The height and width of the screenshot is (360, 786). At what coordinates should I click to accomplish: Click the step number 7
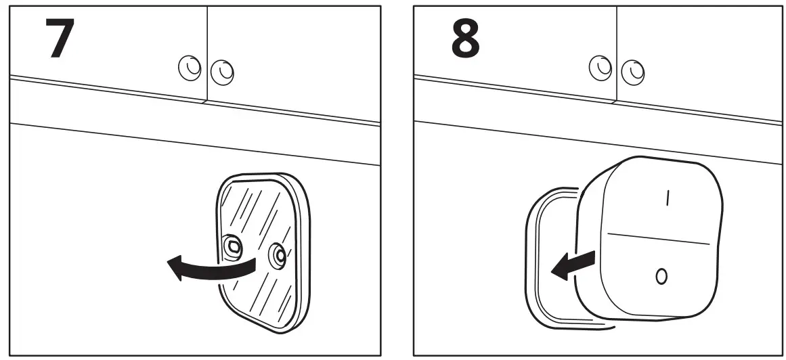(x=59, y=39)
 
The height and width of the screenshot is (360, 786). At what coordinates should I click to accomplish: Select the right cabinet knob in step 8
(x=633, y=70)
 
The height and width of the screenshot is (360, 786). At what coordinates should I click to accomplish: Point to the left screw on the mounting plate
(x=232, y=246)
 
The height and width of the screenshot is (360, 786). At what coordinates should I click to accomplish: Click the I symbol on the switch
(x=668, y=197)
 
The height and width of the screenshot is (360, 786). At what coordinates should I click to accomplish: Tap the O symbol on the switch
(x=661, y=275)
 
